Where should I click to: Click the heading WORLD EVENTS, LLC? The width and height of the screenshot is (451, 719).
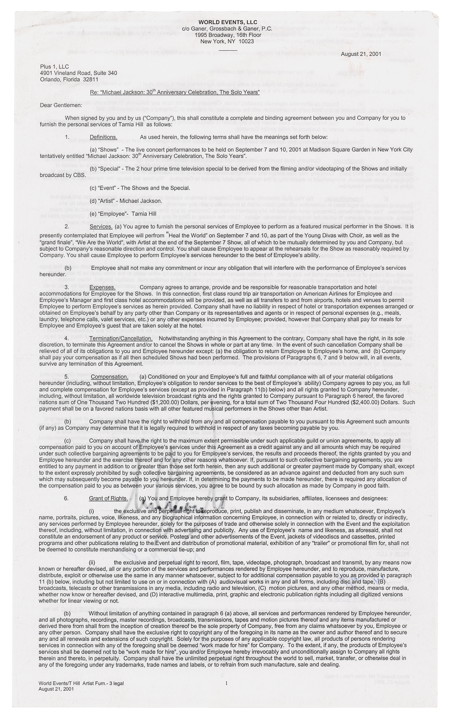(x=226, y=22)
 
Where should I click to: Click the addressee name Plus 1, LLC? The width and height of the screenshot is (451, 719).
(x=54, y=67)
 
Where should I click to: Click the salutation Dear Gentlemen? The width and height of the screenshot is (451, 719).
(x=61, y=105)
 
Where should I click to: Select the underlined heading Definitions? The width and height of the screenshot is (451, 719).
(x=103, y=137)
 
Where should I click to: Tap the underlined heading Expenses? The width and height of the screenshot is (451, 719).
(x=102, y=287)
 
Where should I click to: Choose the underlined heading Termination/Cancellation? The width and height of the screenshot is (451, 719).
(x=121, y=338)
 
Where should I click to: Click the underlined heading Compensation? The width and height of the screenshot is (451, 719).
(x=109, y=376)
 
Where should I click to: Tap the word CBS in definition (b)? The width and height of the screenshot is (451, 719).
(x=80, y=175)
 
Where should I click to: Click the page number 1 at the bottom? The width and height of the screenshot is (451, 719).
(x=226, y=683)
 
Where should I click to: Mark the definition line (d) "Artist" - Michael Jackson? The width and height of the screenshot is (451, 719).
(x=126, y=201)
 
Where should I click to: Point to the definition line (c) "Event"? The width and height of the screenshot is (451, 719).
(x=140, y=188)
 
